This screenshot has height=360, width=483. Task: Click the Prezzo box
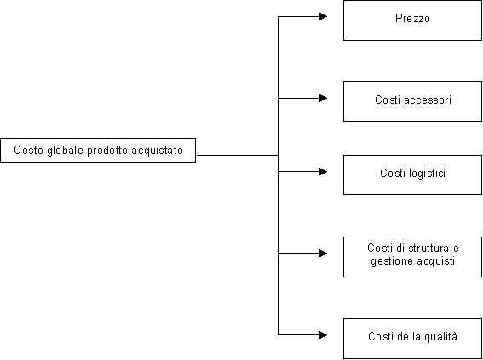pos(412,20)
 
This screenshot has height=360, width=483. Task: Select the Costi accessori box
pos(412,101)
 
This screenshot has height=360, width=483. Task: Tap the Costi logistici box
pos(412,174)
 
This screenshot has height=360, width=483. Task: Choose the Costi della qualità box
pos(412,339)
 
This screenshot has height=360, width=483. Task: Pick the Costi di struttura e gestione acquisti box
pos(412,257)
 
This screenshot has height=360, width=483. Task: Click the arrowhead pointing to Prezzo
pos(323,16)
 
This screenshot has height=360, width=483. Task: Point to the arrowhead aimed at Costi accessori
pos(323,98)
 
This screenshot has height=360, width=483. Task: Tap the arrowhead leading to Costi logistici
pos(323,171)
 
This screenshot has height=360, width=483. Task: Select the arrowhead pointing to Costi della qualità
pos(323,334)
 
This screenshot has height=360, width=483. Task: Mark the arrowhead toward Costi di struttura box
pos(323,254)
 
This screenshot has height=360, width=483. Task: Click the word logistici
pos(428,173)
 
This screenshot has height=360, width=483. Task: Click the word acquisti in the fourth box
pos(435,261)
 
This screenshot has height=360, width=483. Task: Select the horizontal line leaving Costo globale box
pos(237,156)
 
